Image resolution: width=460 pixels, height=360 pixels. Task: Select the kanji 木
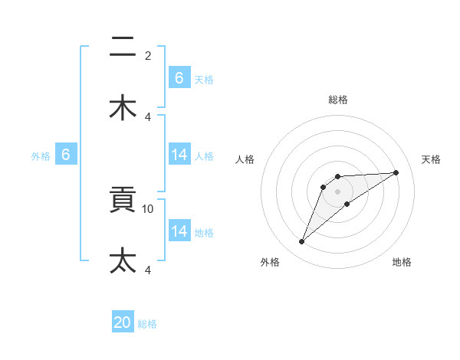coord(123,108)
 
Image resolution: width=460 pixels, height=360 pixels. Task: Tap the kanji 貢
coord(123,201)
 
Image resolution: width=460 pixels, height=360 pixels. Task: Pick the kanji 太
coord(123,260)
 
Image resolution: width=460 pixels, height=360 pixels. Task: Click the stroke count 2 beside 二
coord(148,56)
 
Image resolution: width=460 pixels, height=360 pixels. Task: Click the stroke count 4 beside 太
coord(148,270)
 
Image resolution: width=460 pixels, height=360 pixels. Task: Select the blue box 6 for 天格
coord(179,78)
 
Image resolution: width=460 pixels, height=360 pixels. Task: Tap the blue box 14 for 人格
coord(179,155)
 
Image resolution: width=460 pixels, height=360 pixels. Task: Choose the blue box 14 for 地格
coord(179,231)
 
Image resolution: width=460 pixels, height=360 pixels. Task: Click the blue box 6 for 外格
coord(66,155)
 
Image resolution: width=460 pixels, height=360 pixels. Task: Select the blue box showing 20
coord(123,322)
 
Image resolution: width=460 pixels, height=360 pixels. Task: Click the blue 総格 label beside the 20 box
coord(147,324)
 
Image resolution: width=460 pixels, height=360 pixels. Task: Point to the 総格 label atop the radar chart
coord(338,100)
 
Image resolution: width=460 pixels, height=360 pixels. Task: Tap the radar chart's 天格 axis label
coord(431,159)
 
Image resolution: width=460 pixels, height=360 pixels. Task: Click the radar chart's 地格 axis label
coord(402,262)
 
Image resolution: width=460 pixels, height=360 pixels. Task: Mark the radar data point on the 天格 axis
coord(396,172)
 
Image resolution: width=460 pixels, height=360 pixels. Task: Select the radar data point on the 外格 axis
coord(301,242)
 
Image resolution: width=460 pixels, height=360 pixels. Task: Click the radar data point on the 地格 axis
coord(347,204)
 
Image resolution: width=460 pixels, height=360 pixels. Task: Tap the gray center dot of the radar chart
coord(338,191)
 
